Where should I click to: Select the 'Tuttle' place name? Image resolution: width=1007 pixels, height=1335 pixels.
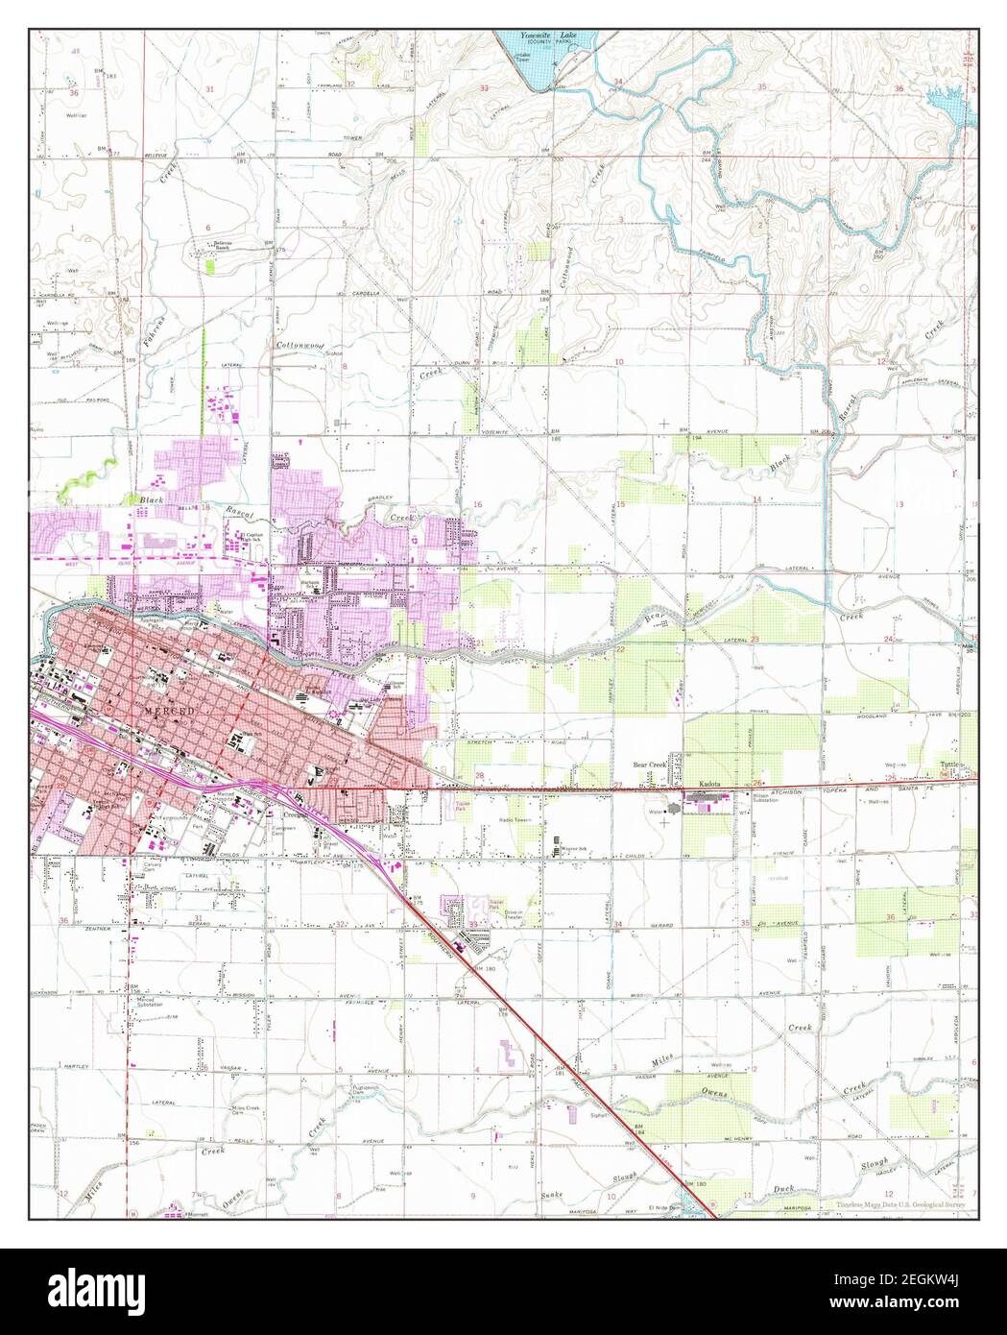point(949,778)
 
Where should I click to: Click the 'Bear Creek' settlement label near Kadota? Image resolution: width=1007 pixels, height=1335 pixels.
point(649,765)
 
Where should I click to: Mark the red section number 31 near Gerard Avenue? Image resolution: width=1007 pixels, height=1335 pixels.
point(199,919)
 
